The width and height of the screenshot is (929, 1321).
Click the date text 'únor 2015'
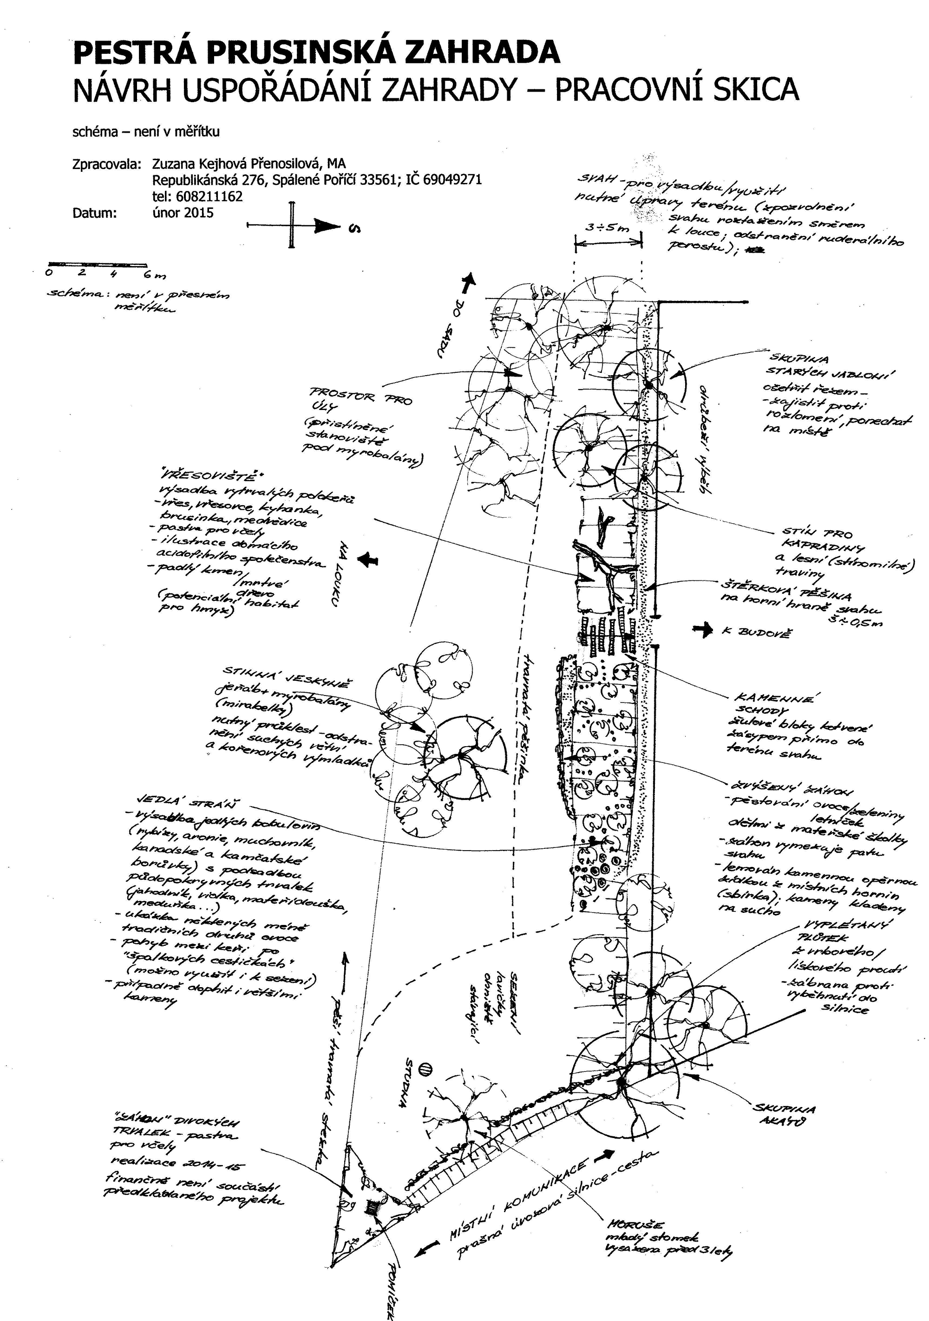(183, 213)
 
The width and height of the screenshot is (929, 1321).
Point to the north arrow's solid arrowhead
(327, 227)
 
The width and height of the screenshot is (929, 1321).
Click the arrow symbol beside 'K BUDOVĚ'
(703, 631)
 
